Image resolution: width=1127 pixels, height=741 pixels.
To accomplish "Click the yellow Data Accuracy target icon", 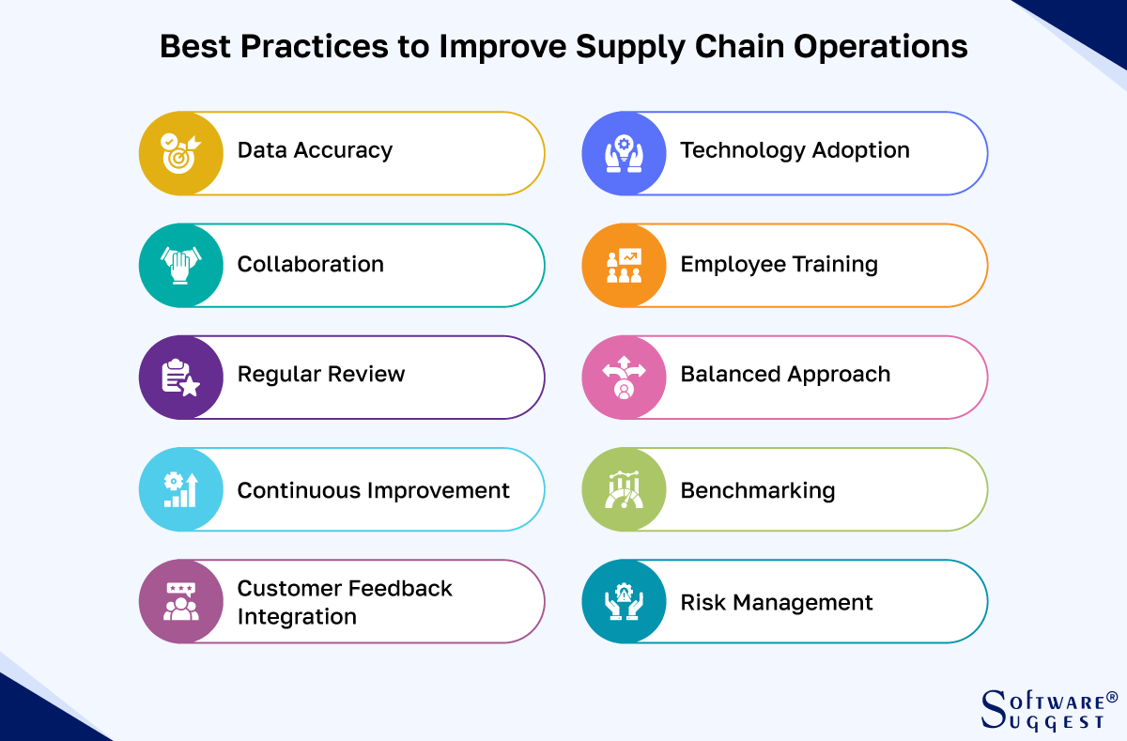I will [180, 153].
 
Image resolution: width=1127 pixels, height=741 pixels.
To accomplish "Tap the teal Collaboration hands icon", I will [180, 265].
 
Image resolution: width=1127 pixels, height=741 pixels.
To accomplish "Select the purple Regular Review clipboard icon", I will [180, 377].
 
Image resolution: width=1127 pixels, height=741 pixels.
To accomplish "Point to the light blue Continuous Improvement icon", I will [180, 489].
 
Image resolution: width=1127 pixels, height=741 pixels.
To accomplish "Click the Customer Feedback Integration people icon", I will [180, 601].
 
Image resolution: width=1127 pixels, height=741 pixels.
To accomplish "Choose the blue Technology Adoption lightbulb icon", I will [624, 153].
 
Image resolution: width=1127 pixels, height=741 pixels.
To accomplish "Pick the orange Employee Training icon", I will [624, 265].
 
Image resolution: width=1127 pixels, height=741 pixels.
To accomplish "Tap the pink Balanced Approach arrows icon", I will [624, 377].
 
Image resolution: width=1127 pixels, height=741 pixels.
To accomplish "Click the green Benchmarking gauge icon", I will [624, 489].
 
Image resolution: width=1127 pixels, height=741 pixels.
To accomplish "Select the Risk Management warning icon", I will [624, 601].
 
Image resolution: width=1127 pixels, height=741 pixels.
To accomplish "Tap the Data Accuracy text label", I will [315, 150].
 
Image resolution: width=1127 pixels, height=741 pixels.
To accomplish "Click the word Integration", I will [297, 617].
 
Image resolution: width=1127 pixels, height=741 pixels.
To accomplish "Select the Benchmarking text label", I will [757, 490].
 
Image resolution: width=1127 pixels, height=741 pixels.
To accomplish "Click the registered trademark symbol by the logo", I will [1112, 697].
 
